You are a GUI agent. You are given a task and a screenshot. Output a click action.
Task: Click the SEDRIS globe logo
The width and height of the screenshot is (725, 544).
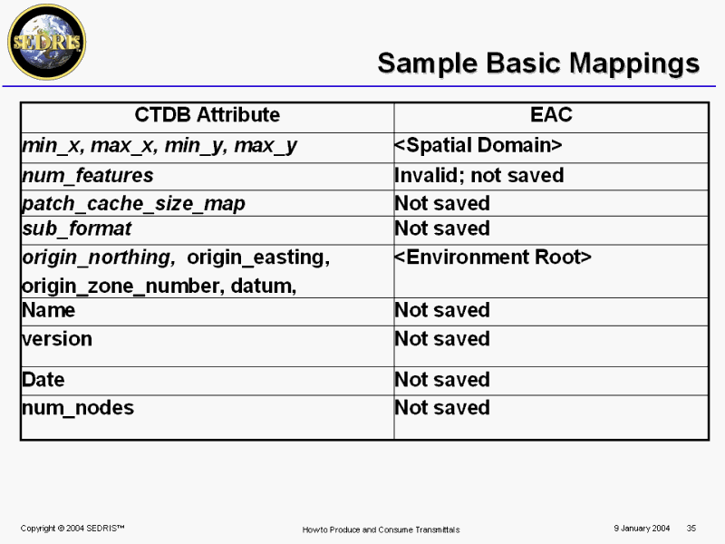47,42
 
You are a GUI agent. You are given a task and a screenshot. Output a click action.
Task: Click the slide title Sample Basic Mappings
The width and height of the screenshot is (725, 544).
538,63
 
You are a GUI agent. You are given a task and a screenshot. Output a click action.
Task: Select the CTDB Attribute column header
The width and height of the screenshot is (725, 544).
208,115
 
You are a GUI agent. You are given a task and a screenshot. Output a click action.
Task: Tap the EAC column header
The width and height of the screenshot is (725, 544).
551,115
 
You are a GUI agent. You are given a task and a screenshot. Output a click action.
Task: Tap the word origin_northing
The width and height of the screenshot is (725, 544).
99,257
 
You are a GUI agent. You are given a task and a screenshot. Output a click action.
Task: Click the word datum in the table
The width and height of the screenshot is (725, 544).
263,286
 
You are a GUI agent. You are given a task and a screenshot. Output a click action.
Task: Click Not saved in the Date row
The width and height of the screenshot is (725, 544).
442,380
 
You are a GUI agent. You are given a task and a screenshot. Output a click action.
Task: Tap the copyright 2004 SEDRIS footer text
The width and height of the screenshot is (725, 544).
72,529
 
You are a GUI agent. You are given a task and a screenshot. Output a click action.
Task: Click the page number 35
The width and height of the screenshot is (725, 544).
691,529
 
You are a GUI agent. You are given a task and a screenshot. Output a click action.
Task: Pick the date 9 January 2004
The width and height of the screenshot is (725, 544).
642,529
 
